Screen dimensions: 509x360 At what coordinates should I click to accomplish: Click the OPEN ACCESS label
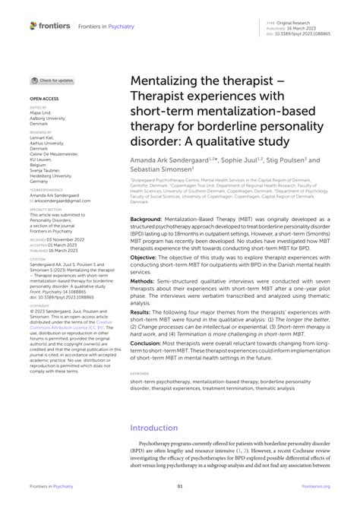44,99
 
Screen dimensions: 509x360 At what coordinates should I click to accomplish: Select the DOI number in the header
304,34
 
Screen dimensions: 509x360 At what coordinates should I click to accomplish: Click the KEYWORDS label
140,374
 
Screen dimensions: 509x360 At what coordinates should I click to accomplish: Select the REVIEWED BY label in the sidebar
40,131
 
